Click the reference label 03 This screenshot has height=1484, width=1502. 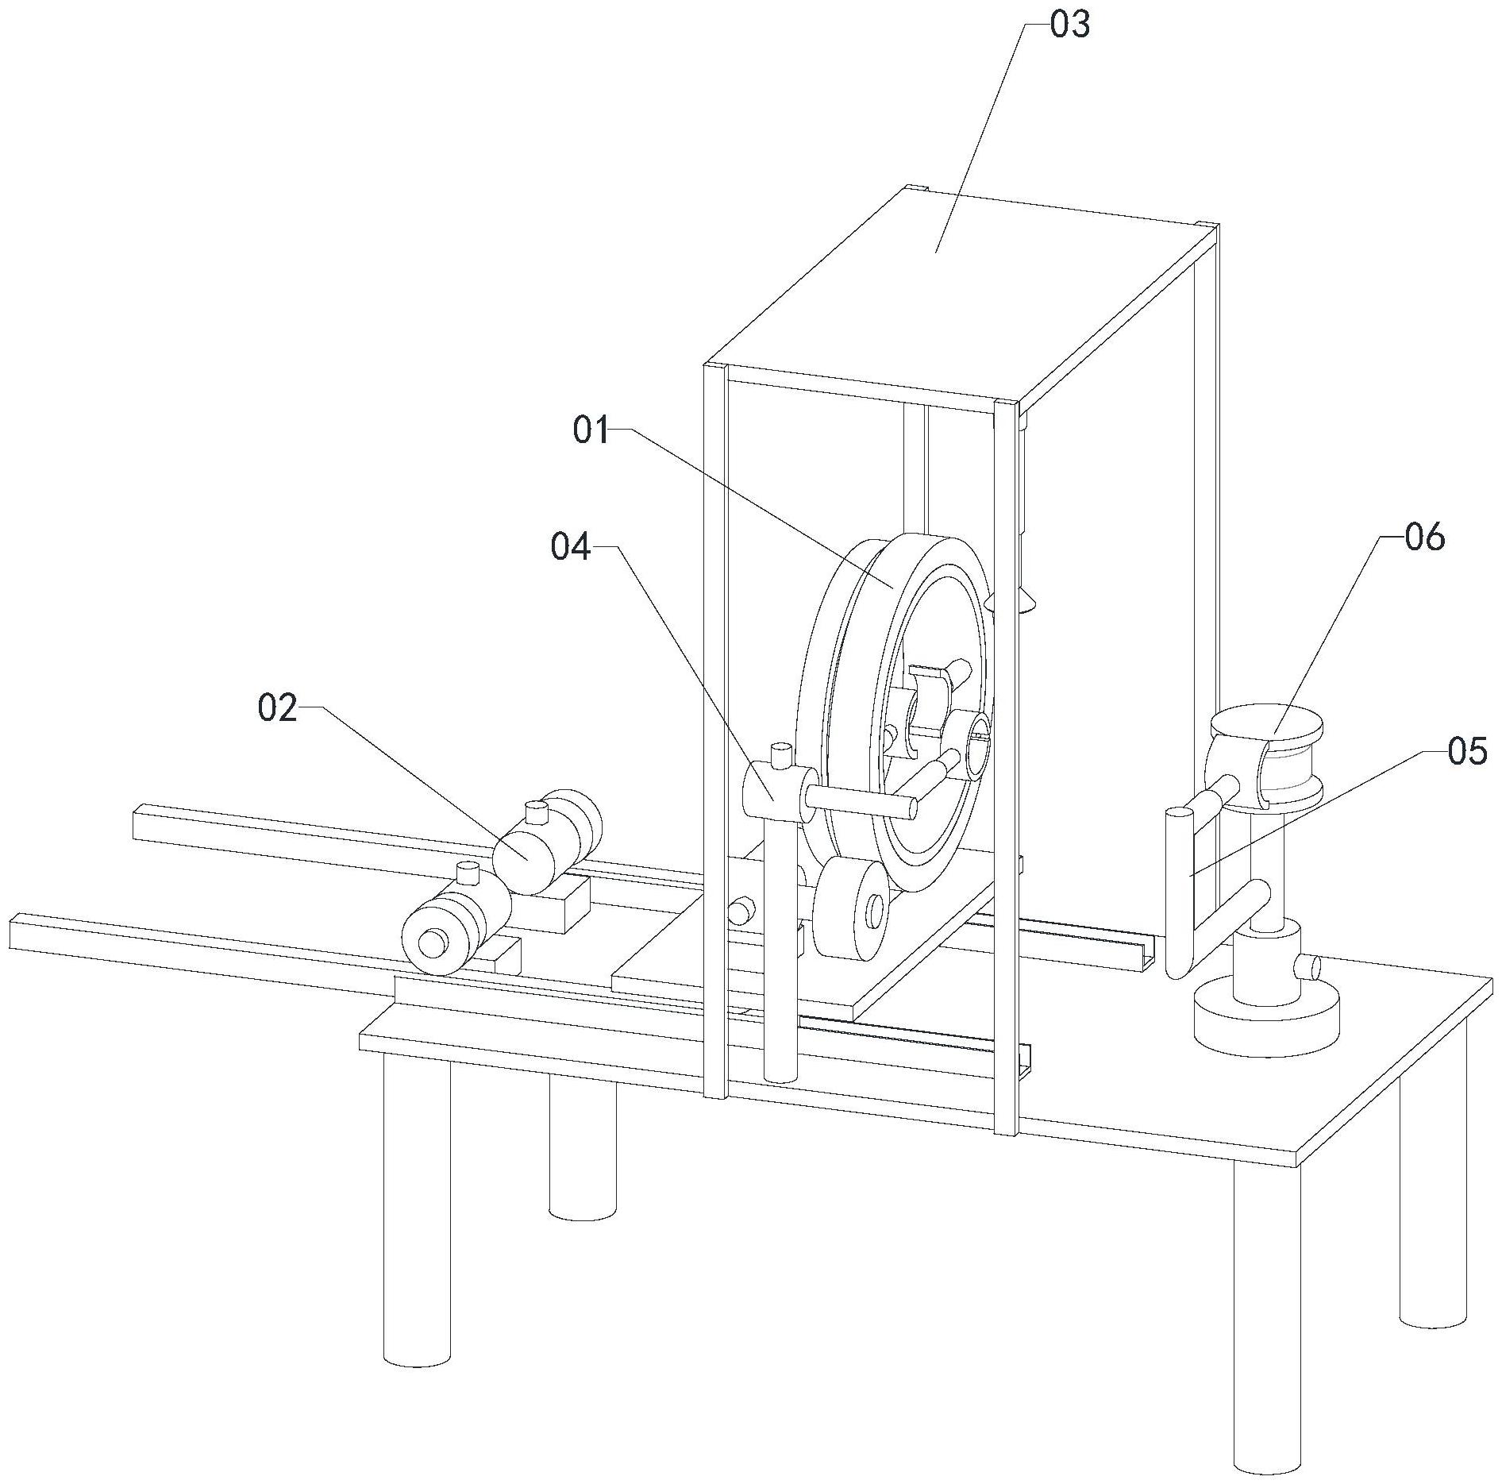tap(1070, 26)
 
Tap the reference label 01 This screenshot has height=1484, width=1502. tap(592, 431)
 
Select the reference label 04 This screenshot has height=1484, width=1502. tap(571, 548)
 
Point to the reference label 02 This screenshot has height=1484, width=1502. tap(277, 707)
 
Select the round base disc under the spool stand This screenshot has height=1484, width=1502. tap(1266, 1016)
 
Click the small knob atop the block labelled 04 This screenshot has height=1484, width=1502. tap(780, 755)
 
